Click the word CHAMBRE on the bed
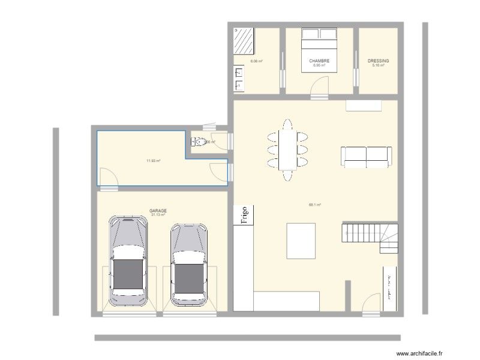point(319,61)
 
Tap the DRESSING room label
point(378,61)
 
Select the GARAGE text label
point(158,211)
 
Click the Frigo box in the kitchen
point(244,215)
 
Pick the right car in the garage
point(189,265)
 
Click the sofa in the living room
point(366,155)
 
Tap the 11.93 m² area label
point(153,161)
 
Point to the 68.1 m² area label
point(314,205)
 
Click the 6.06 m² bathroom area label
point(256,61)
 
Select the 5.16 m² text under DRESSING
point(377,65)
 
